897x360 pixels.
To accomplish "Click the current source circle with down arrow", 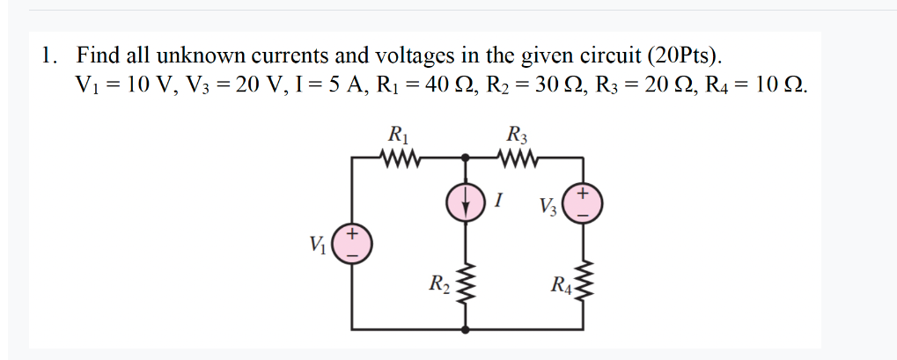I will (466, 199).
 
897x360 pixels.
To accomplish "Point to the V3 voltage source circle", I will (582, 202).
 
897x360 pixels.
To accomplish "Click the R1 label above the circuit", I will (399, 136).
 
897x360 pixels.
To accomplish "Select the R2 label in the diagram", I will (439, 283).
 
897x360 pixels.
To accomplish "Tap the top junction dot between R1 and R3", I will (466, 158).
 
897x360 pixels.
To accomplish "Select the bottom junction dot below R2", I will (466, 330).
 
